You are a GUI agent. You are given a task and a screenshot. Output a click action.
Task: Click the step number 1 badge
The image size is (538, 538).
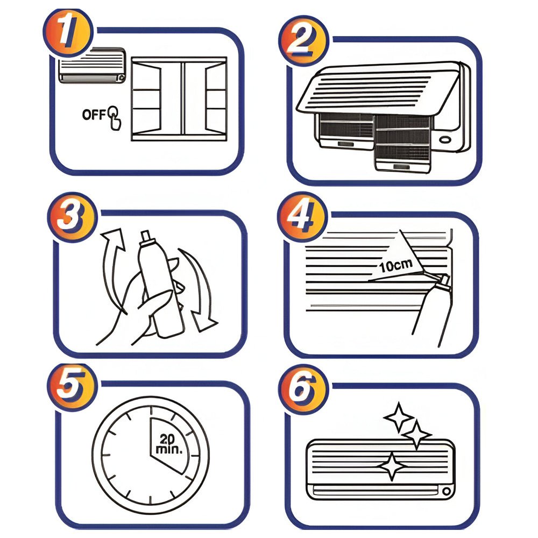68,33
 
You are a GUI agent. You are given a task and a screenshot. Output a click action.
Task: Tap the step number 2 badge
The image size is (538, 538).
303,41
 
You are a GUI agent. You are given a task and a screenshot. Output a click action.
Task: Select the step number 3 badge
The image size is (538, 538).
72,217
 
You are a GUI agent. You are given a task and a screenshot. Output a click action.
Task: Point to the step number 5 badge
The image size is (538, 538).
72,387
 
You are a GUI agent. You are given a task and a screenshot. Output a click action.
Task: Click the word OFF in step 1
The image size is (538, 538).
94,114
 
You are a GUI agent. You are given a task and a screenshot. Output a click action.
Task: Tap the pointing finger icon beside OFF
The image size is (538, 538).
115,118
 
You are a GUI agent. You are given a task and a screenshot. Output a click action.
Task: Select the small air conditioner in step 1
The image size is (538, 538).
92,66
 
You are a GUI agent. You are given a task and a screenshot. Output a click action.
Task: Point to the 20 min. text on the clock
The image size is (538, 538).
168,444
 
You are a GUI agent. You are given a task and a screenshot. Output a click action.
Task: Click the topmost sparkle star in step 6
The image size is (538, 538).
398,416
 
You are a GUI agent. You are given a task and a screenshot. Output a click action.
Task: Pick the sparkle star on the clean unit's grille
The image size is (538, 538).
392,466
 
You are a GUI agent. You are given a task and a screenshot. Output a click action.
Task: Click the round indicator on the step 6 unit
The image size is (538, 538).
447,491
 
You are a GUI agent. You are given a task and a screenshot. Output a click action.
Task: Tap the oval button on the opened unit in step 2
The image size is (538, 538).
445,140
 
